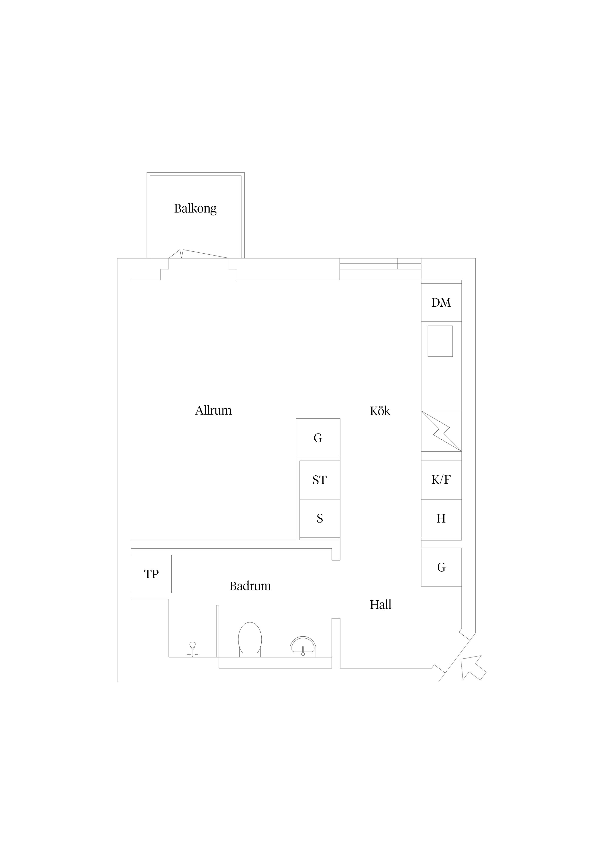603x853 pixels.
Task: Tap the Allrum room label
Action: click(213, 410)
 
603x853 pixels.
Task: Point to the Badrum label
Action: click(250, 586)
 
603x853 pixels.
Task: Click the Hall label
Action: click(381, 604)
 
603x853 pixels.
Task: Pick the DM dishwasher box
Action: click(441, 302)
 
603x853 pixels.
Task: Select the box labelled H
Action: click(441, 519)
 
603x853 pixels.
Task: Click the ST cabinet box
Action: click(320, 480)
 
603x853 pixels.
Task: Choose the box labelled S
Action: click(320, 519)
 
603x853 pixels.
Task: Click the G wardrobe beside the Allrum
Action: click(318, 438)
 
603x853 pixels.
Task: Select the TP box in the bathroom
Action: click(151, 574)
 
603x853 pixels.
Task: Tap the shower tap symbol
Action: click(193, 650)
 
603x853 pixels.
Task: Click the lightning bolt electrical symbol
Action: click(441, 431)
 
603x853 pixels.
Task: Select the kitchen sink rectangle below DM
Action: click(440, 341)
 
